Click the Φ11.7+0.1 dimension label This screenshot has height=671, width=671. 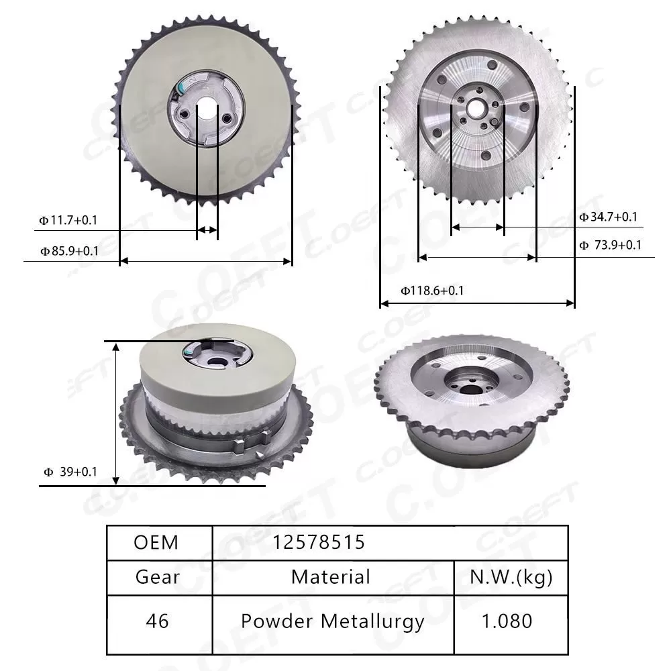click(68, 220)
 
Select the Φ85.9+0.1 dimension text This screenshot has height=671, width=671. click(69, 251)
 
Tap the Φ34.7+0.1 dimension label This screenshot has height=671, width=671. click(608, 217)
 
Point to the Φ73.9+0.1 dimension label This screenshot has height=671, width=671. click(610, 245)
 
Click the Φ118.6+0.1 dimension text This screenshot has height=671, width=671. click(432, 291)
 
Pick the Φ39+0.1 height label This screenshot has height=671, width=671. click(70, 472)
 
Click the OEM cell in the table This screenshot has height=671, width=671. click(156, 543)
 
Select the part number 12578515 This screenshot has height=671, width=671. click(319, 543)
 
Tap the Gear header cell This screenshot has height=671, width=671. click(158, 577)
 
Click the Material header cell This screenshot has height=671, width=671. click(331, 577)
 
